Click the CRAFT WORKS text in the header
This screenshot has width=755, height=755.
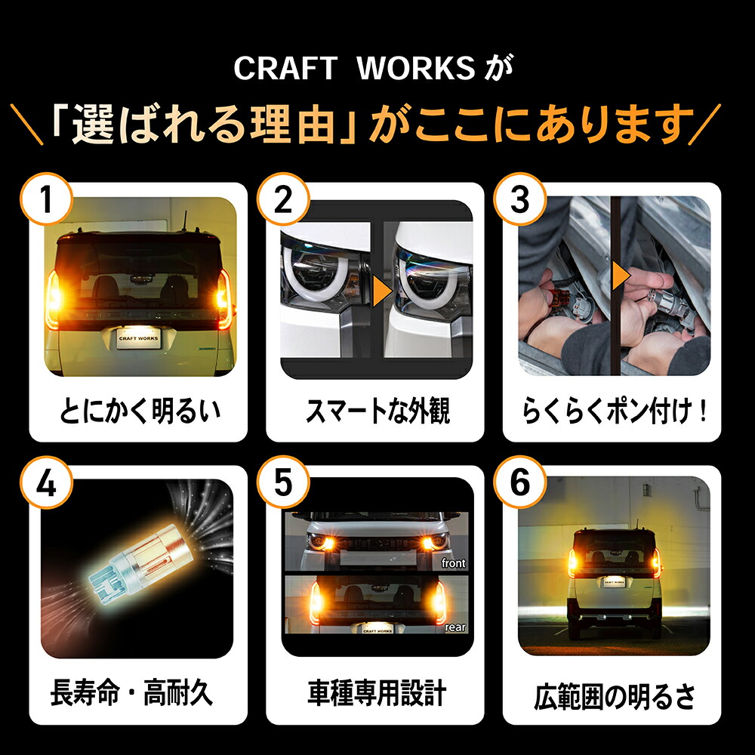(353, 69)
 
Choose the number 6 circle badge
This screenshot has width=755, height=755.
(520, 484)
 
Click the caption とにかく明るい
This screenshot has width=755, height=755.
(140, 412)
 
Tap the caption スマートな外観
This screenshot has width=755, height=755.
(377, 412)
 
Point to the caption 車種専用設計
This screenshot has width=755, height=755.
(377, 692)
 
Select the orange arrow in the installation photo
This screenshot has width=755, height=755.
(621, 276)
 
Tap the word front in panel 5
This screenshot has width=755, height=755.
(453, 563)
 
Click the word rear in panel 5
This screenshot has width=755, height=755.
(455, 627)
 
